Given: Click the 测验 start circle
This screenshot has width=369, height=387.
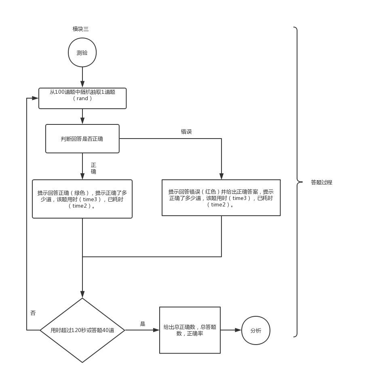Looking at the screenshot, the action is click(x=82, y=53).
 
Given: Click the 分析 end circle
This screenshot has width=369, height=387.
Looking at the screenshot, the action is click(x=255, y=330).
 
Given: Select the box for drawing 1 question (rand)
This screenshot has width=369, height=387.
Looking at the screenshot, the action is click(x=82, y=98).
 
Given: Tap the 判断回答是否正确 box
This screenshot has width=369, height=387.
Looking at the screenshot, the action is click(x=82, y=139).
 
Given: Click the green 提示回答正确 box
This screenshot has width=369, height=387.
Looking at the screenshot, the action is click(x=82, y=199).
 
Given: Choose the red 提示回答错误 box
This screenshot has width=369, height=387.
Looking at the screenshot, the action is click(x=221, y=198).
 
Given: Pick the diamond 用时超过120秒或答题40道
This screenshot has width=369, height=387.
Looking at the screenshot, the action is click(x=82, y=330).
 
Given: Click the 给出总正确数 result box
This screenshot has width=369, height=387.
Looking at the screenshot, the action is click(x=190, y=330).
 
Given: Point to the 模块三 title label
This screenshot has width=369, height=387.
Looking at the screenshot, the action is click(x=80, y=29).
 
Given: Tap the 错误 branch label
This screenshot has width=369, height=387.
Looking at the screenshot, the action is click(x=186, y=132).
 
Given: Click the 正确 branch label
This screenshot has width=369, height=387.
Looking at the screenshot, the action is click(x=93, y=168).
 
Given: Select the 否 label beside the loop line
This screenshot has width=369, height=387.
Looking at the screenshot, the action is click(x=33, y=313).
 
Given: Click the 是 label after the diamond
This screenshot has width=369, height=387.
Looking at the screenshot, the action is click(x=142, y=324).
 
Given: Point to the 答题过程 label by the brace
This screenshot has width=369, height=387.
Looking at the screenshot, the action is click(x=321, y=182).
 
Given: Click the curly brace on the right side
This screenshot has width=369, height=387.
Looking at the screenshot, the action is click(x=298, y=182).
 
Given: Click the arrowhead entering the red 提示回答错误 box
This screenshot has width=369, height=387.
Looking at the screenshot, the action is click(x=221, y=177).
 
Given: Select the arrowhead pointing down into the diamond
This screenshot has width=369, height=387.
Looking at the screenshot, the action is click(x=82, y=295).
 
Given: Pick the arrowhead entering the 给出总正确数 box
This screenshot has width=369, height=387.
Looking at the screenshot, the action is click(x=156, y=330).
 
